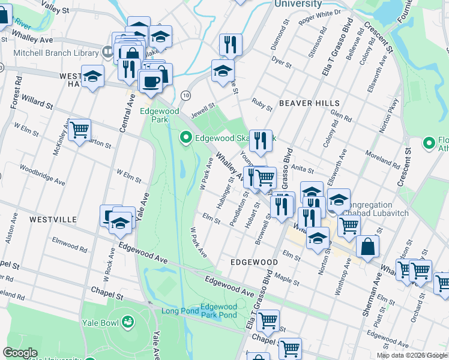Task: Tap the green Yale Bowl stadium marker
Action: coord(127,322)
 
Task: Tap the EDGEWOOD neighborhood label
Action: coord(254,263)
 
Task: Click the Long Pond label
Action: coord(178,310)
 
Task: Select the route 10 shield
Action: coord(187,95)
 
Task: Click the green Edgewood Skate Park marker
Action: coord(186,138)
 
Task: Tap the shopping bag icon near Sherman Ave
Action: coord(367,246)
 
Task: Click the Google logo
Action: coord(20,353)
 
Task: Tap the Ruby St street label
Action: coord(262,104)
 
